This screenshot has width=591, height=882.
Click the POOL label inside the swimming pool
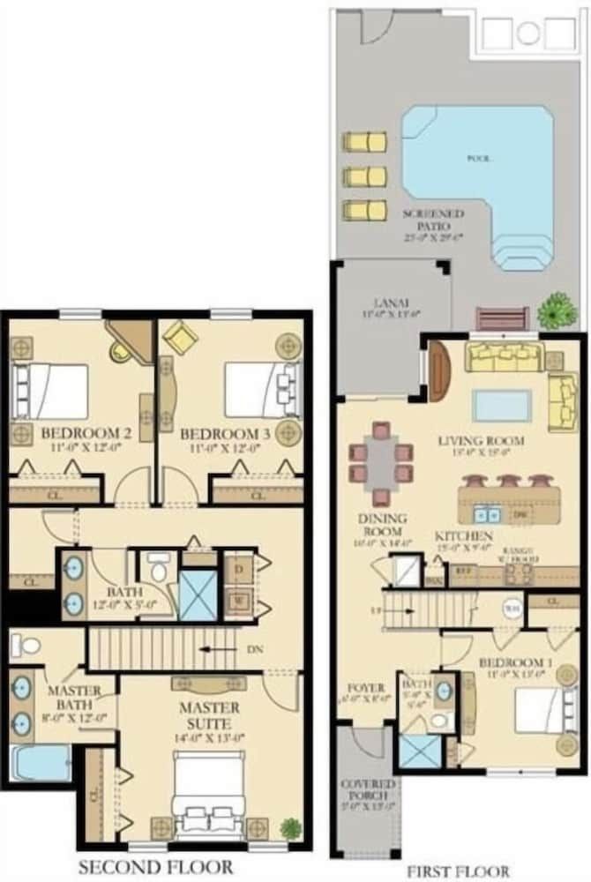(479, 159)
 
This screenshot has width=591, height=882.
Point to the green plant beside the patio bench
(557, 310)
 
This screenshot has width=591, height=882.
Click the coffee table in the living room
(503, 406)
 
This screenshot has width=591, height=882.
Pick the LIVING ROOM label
(481, 440)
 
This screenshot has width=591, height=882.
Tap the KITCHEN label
(463, 536)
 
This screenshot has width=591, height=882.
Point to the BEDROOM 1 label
(512, 661)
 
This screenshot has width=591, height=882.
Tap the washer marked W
(237, 602)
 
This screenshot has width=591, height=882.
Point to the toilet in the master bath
(27, 646)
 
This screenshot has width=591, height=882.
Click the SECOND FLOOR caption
(155, 867)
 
